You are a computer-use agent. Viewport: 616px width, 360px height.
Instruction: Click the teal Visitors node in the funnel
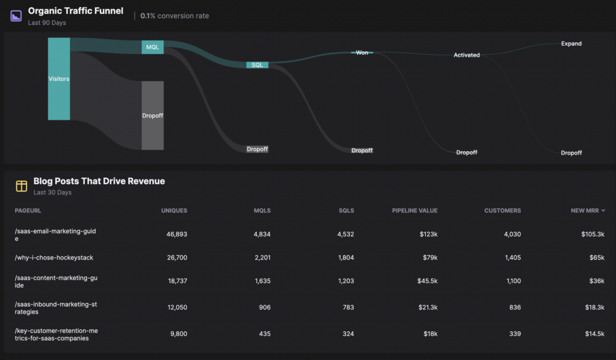coord(59,79)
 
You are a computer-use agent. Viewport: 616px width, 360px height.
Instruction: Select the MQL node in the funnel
coord(152,47)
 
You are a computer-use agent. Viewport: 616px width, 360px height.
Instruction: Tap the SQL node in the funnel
coord(257,65)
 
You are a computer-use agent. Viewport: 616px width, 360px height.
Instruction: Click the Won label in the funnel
coord(362,52)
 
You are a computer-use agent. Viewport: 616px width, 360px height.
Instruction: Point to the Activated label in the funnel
coord(467,55)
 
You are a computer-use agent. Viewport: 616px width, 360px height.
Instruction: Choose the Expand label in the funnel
coord(571,43)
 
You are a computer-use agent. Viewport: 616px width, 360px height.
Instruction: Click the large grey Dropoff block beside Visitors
coord(152,116)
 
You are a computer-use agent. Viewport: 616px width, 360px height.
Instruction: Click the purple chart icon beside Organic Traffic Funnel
coord(16,16)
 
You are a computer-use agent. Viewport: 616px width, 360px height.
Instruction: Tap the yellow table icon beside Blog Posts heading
coord(22,186)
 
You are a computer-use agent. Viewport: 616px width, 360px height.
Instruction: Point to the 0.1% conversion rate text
coord(174,16)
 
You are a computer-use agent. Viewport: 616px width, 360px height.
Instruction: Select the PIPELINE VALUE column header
coord(414,211)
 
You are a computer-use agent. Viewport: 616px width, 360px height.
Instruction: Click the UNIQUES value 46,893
coord(177,234)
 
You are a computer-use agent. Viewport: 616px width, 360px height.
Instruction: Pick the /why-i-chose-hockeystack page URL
coord(54,258)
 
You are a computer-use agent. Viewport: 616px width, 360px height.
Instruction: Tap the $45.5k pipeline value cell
coord(428,281)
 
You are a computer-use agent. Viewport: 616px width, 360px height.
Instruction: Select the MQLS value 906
coord(265,308)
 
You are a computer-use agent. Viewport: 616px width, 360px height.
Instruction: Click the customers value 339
coord(515,334)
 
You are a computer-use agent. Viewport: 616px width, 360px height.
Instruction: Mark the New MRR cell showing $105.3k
coord(593,234)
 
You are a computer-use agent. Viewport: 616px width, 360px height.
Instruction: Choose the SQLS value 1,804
coord(346,258)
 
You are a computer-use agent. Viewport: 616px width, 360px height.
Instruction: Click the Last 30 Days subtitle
coord(52,193)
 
